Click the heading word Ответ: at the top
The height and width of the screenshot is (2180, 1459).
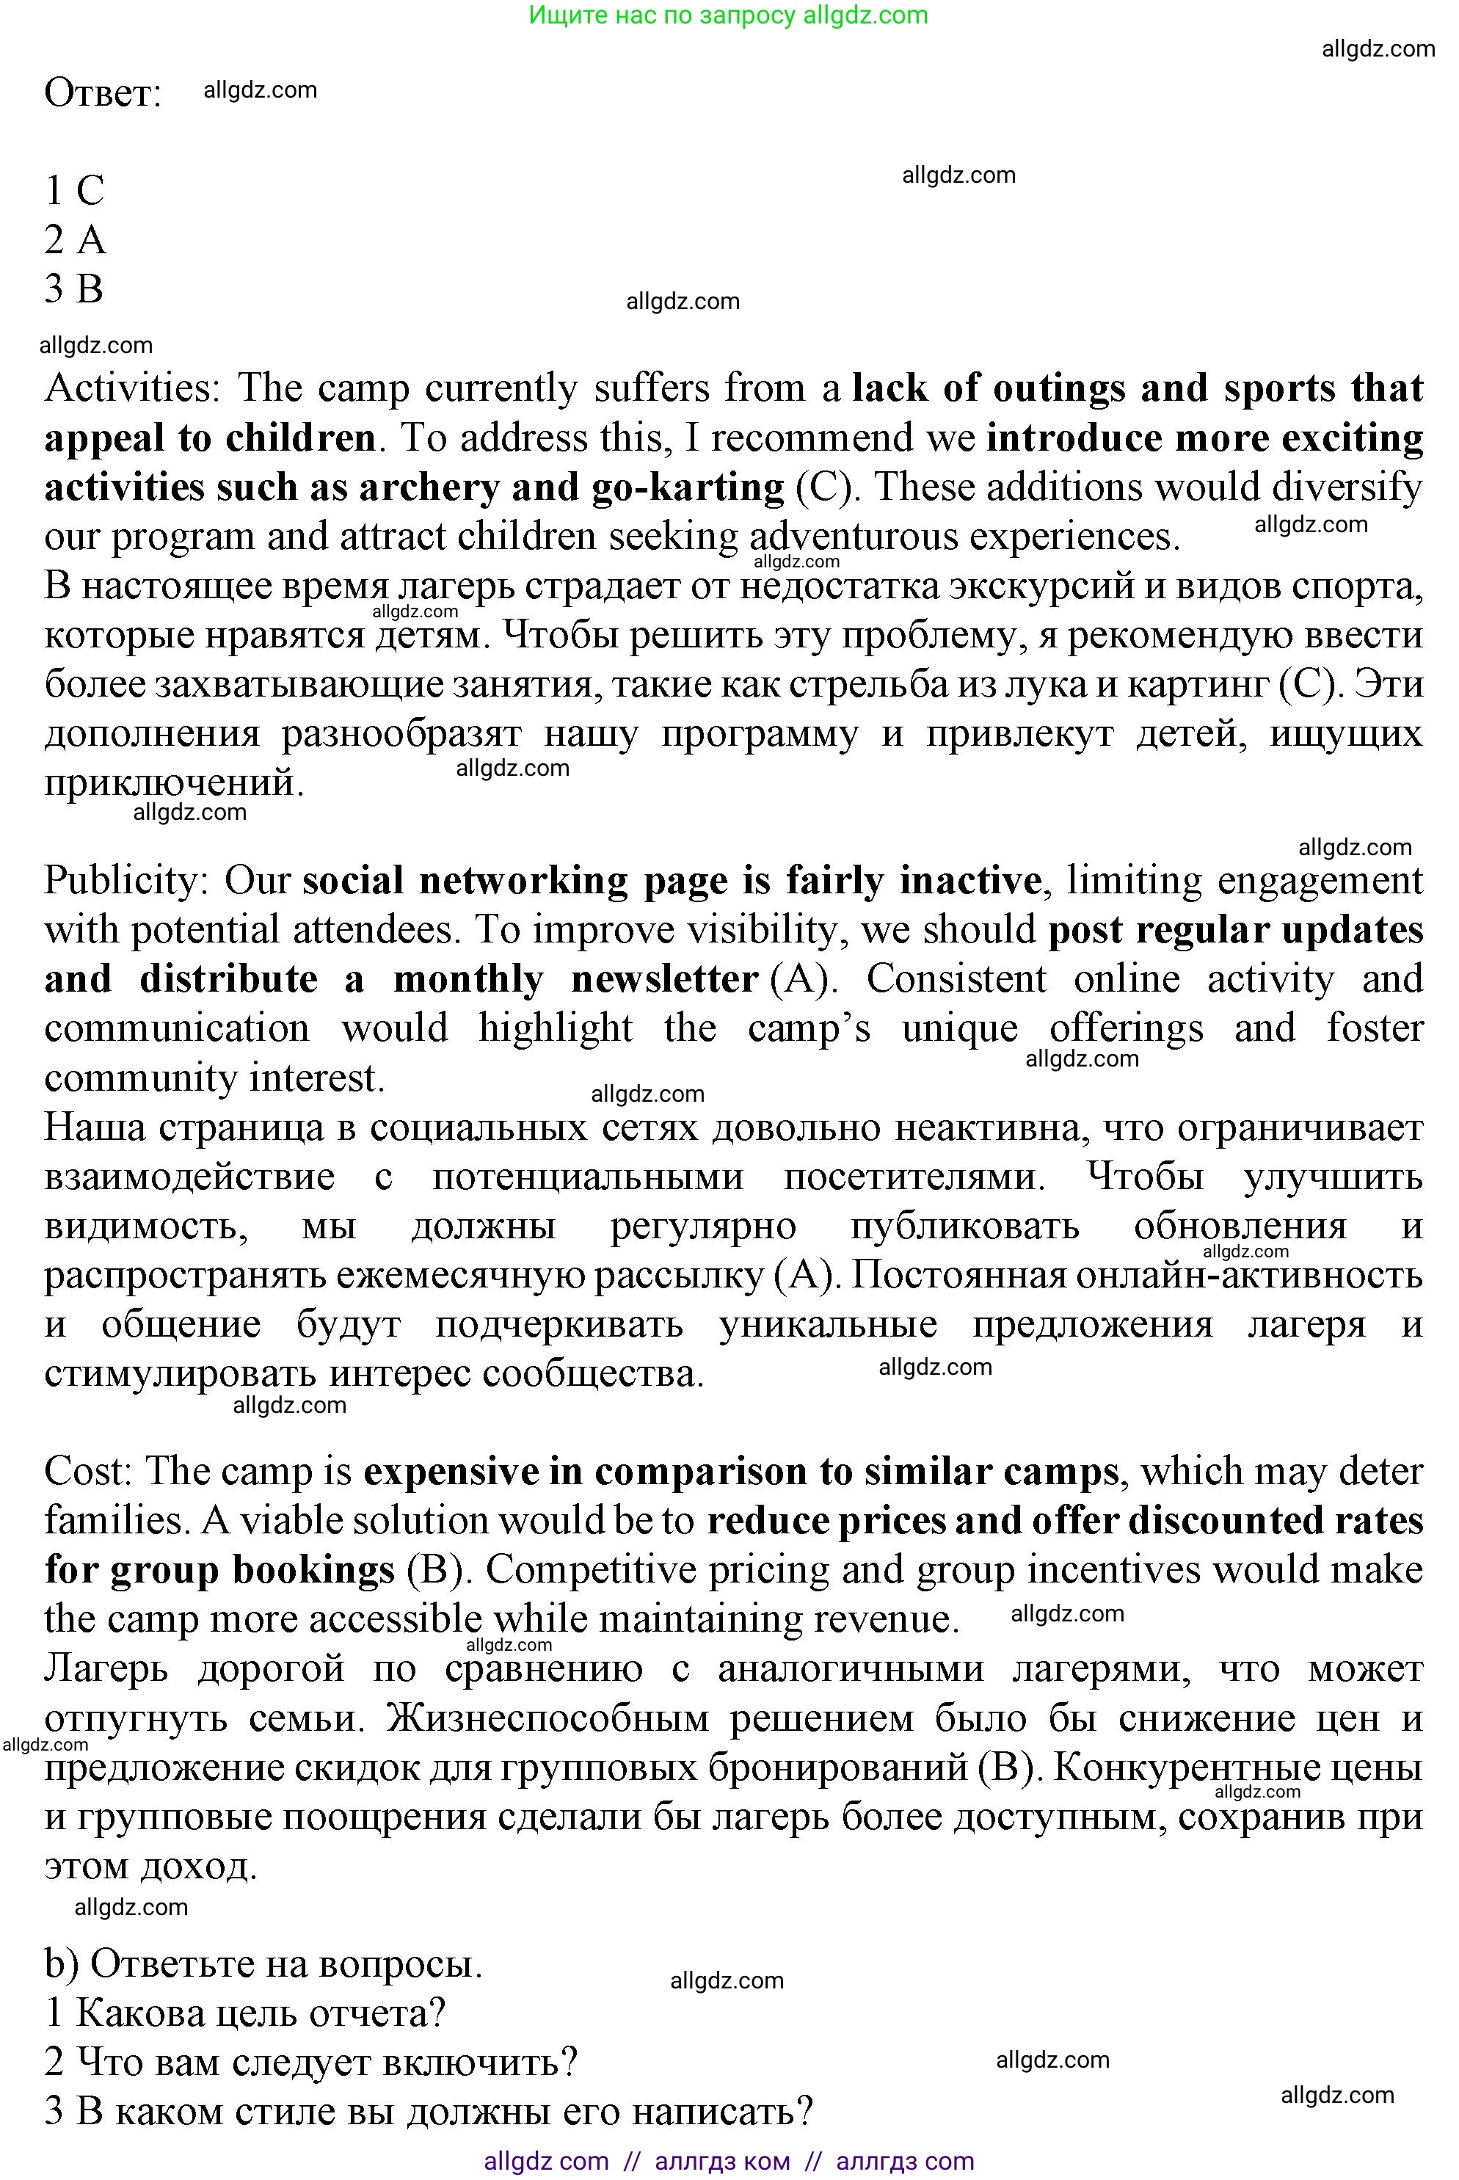click(102, 94)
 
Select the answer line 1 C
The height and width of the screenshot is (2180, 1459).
click(74, 191)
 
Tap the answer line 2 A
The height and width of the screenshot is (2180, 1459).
click(74, 240)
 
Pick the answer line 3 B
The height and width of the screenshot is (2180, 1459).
click(73, 289)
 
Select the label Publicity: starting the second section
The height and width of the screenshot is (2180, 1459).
click(126, 881)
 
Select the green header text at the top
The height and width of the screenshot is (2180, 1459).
click(729, 15)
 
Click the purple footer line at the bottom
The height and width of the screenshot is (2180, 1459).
click(729, 2160)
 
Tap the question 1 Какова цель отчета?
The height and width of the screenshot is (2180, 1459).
click(244, 2013)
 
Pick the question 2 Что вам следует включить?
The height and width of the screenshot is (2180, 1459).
click(310, 2062)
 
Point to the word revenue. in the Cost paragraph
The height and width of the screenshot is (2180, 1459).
click(887, 1620)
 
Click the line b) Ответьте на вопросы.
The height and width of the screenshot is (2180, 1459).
click(263, 1963)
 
